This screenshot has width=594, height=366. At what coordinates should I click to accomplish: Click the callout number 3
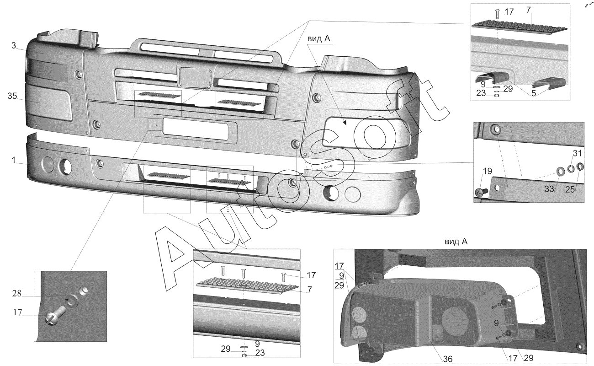click(14, 45)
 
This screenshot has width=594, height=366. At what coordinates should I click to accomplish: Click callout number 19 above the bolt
click(487, 172)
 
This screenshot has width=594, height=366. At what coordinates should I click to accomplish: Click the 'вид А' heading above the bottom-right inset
click(456, 242)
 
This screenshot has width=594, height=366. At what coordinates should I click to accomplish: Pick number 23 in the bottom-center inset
click(259, 353)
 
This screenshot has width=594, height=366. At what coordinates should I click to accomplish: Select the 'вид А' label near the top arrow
click(318, 39)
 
